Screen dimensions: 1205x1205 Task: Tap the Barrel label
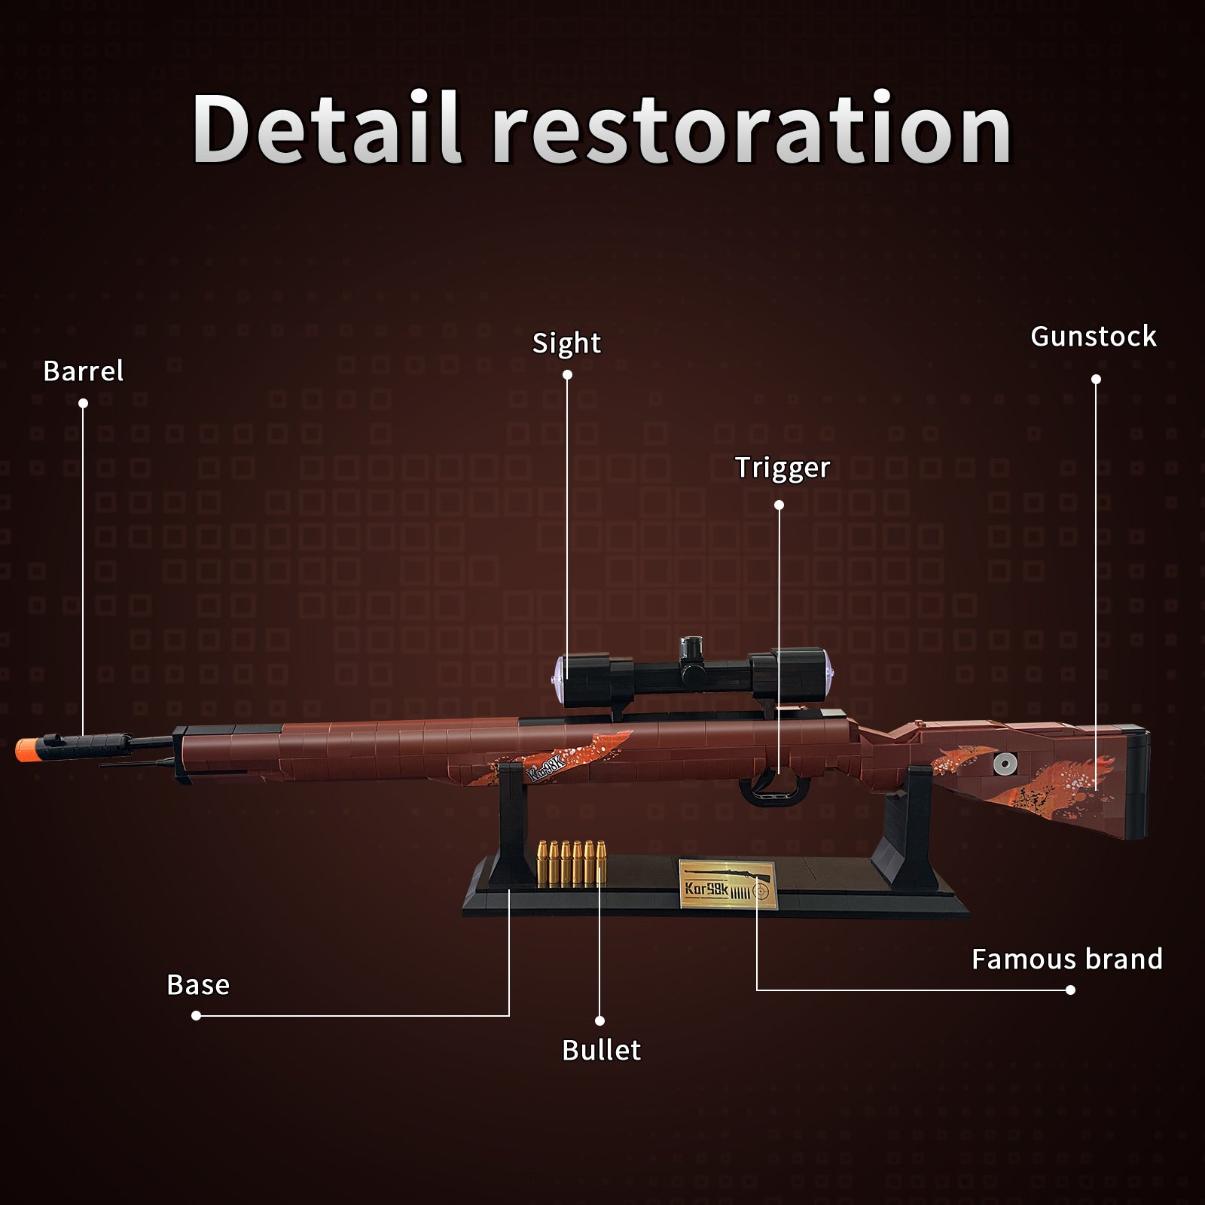(x=83, y=371)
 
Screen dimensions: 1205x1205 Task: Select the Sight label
(x=566, y=343)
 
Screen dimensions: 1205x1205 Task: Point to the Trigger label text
(x=782, y=468)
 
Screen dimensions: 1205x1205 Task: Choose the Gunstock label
(x=1093, y=336)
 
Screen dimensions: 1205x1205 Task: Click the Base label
(x=198, y=984)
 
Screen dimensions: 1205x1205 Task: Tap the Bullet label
(x=601, y=1050)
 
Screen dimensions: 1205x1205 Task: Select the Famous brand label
(x=1067, y=959)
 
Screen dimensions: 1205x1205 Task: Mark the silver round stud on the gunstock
(x=1005, y=764)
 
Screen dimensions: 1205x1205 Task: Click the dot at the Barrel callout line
(x=83, y=404)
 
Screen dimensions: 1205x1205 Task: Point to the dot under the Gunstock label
(x=1096, y=379)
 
